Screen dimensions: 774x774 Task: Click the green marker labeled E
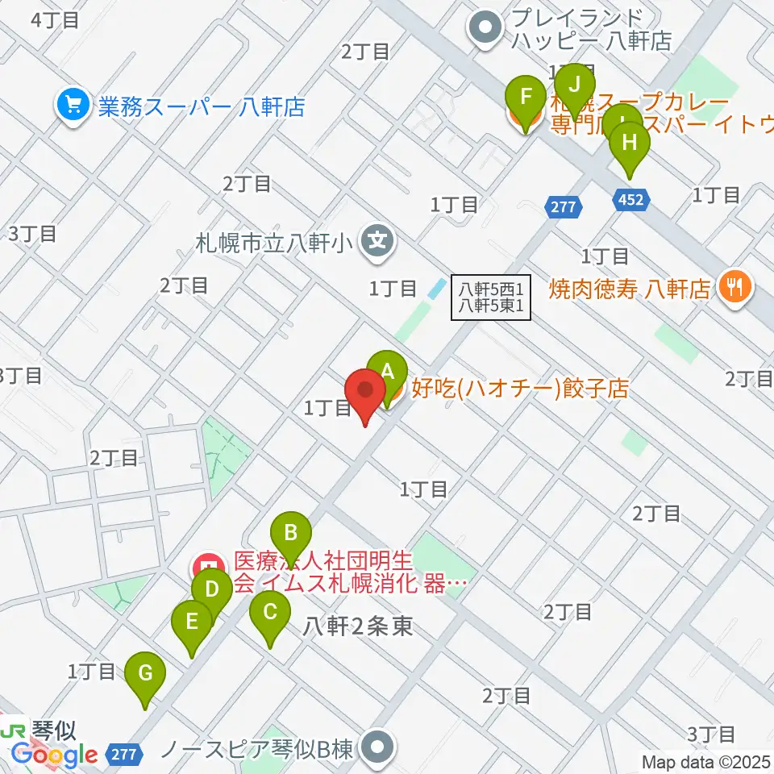pos(192,622)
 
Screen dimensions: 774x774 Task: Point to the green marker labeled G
pos(145,672)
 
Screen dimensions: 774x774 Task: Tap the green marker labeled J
pos(575,85)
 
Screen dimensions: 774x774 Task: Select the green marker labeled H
pos(630,144)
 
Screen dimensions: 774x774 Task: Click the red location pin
pos(365,392)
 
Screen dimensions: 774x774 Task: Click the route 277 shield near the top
pos(564,207)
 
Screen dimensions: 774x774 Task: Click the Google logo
pos(54,755)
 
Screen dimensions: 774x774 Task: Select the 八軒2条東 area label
pos(359,626)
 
